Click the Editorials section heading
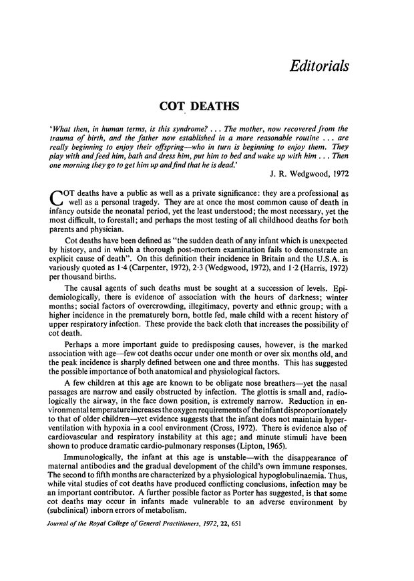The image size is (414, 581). point(317,66)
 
